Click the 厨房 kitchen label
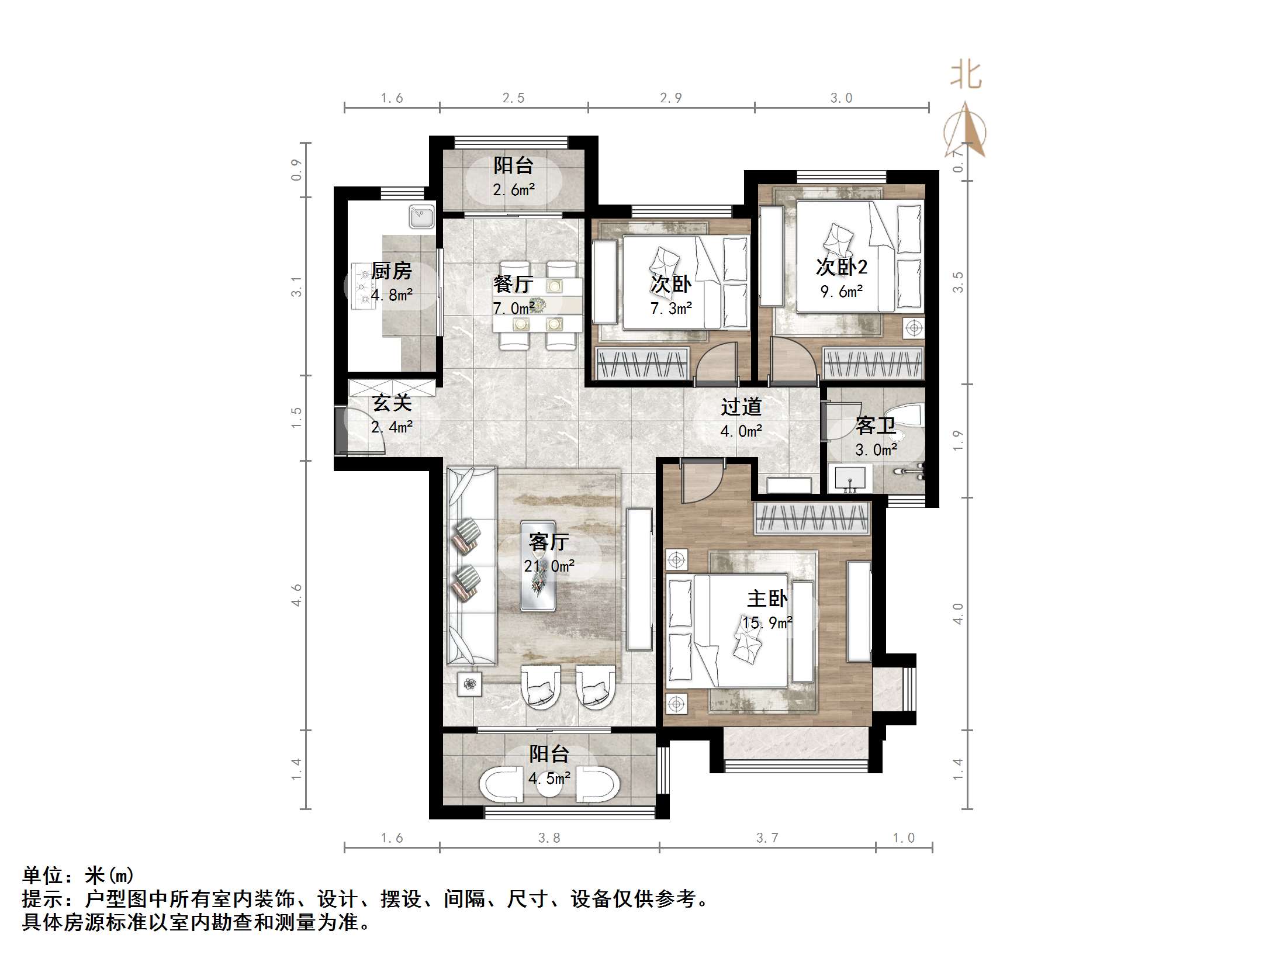point(391,271)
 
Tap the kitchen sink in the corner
point(421,217)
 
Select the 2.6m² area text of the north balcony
point(514,190)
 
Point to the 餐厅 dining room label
point(513,285)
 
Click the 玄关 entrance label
point(392,403)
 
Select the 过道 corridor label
point(741,407)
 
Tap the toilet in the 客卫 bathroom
point(908,416)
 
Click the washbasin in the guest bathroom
point(850,479)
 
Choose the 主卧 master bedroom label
point(767,598)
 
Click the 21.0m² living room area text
point(549,566)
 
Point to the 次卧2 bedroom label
point(841,267)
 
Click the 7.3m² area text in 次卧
point(671,308)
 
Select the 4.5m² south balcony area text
point(549,778)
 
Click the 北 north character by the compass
point(965,77)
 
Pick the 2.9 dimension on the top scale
point(670,98)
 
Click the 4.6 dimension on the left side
point(297,594)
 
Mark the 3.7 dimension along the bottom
point(767,838)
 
